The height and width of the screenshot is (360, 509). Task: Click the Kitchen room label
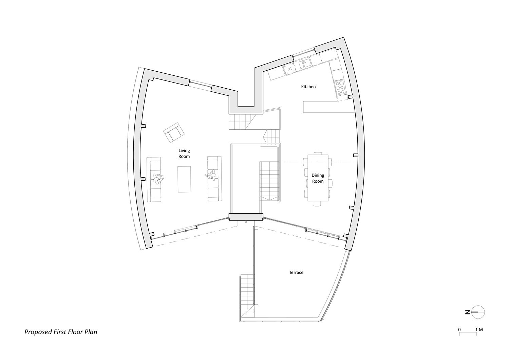point(308,87)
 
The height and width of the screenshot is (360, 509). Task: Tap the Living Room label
point(184,154)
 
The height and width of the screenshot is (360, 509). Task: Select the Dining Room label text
point(318,178)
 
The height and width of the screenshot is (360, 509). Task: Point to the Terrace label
point(296,272)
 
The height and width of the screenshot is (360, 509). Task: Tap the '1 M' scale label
point(479,329)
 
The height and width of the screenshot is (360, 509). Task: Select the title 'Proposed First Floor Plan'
point(61,332)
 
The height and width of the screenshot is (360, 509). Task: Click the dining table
point(318,180)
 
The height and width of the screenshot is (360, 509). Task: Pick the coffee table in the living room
point(184,179)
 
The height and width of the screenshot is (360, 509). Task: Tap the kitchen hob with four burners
point(339,88)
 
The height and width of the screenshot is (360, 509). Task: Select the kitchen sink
point(304,63)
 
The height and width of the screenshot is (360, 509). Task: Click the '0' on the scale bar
point(459,329)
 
